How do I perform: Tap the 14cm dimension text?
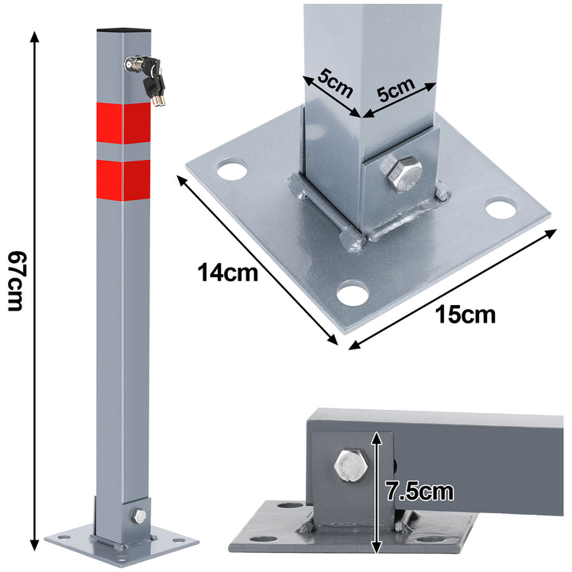(228, 273)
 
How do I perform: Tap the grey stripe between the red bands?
(123, 149)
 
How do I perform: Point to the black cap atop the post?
(124, 32)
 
